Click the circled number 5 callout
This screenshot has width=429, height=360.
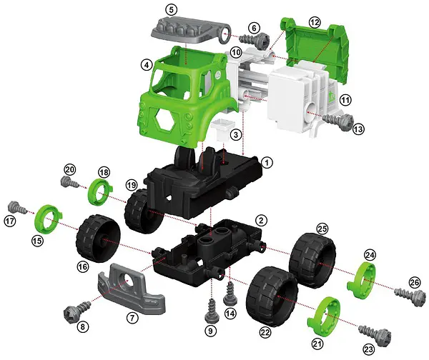tap(172, 10)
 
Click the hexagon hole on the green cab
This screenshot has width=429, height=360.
tap(164, 121)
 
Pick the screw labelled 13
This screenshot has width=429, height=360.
tap(338, 121)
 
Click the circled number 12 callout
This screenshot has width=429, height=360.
tap(315, 21)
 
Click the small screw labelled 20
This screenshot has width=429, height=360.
tap(69, 182)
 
